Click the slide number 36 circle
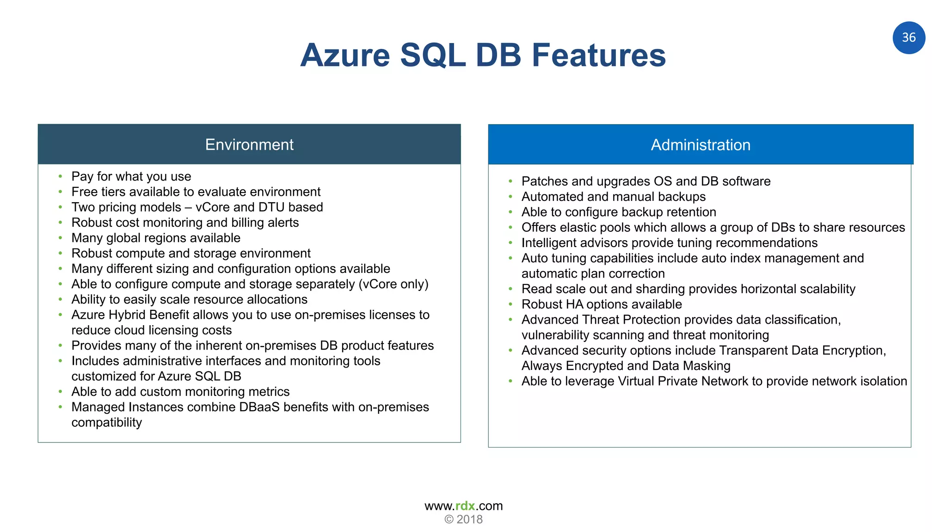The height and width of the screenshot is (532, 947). click(x=908, y=37)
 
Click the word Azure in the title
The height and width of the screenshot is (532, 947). click(x=345, y=55)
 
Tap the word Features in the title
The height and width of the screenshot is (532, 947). click(x=598, y=55)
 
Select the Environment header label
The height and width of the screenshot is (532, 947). click(x=249, y=145)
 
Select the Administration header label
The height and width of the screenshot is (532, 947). click(x=700, y=145)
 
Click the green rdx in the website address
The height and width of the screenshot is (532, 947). click(x=465, y=506)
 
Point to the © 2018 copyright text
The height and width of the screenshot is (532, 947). click(x=463, y=520)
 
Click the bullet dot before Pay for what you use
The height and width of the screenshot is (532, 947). click(x=60, y=176)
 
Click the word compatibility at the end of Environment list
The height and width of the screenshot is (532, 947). click(x=106, y=423)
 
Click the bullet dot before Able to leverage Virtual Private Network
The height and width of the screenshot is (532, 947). click(x=510, y=381)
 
